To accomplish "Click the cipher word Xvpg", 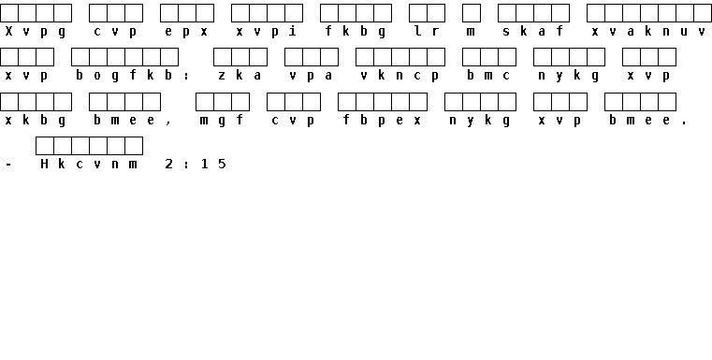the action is tap(36, 32).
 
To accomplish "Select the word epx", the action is tap(186, 32).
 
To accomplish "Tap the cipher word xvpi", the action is tap(267, 32).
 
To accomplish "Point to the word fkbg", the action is tap(356, 32).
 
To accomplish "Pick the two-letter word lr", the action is tap(427, 31).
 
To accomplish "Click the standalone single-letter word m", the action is tap(472, 32).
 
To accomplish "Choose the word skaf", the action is tap(533, 31).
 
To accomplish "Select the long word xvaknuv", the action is tap(649, 32).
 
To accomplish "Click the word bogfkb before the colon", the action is tap(124, 76).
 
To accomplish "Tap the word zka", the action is tap(240, 76).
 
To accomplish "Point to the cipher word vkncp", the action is tap(400, 76).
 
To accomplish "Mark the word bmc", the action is tap(489, 76).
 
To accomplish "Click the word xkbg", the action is tap(36, 121).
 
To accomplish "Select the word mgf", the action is tap(222, 121).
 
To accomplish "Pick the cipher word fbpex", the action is tap(383, 121).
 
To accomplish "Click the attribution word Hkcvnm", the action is tap(89, 164).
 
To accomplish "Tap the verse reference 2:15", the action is tap(196, 164).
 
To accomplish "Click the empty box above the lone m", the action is tap(472, 13).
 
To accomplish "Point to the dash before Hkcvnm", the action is tap(8, 165).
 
